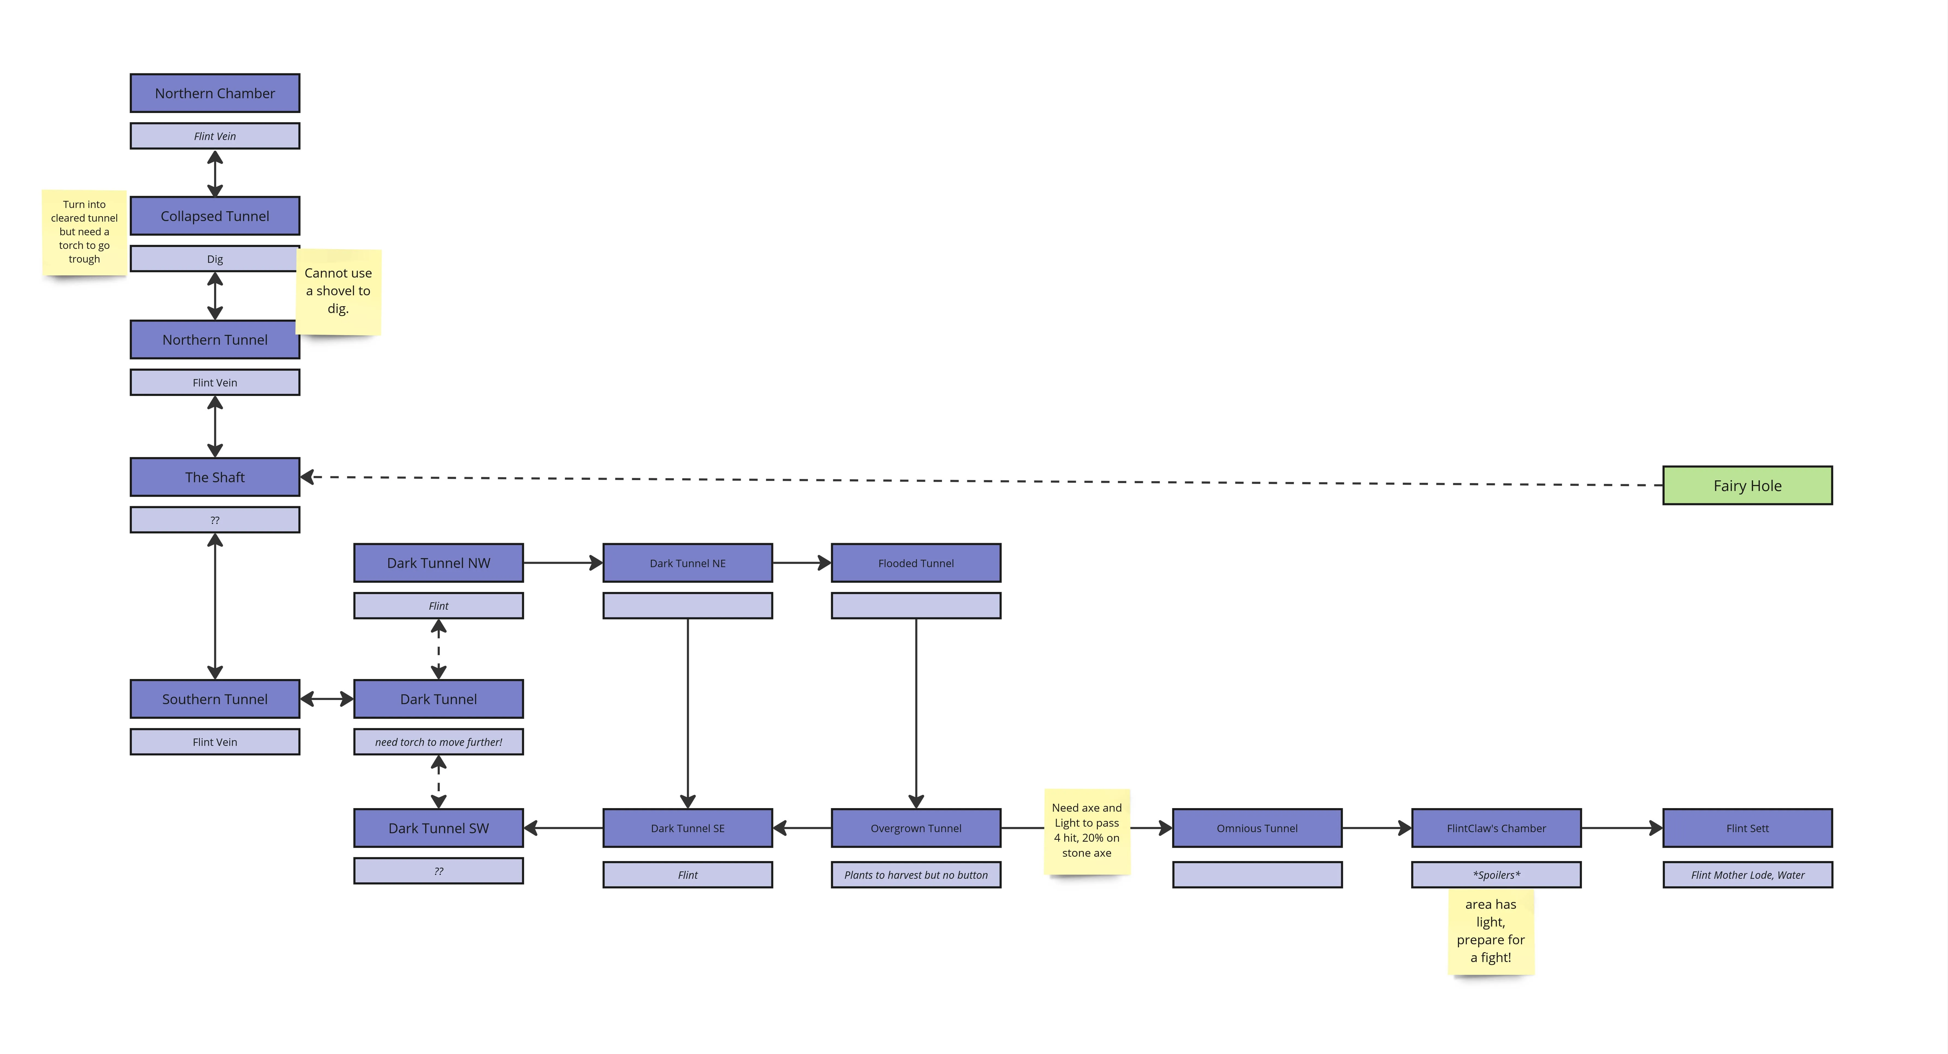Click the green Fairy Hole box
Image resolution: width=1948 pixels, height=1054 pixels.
coord(1748,486)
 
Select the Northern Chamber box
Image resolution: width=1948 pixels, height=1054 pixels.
coord(215,93)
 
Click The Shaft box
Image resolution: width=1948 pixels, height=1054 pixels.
coord(215,477)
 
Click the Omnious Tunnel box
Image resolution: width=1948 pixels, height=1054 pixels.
coord(1257,828)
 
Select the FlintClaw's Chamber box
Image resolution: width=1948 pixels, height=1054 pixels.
coord(1496,828)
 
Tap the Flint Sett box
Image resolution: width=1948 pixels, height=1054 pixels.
coord(1748,828)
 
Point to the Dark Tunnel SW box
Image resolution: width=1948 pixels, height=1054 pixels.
coord(438,828)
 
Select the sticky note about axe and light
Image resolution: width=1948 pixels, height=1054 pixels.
coord(1087,831)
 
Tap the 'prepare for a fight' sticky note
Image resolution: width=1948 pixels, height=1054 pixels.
coord(1490,931)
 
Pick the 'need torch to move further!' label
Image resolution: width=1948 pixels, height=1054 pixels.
coord(438,742)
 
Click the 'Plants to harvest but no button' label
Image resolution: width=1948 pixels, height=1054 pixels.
coord(916,875)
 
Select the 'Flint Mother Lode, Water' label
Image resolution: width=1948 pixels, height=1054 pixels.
coord(1748,875)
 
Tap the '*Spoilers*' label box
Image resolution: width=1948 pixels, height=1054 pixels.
coord(1496,875)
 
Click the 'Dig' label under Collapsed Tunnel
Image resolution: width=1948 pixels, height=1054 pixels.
coord(215,258)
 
